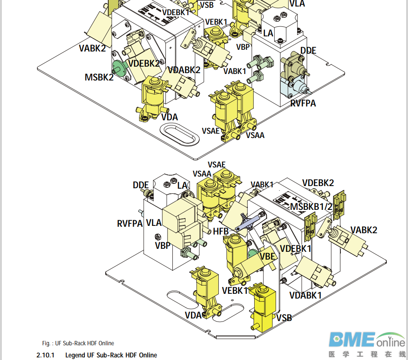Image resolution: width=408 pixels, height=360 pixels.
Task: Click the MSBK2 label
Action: pyautogui.click(x=99, y=77)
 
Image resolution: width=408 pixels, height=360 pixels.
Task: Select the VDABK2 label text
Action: pyautogui.click(x=184, y=70)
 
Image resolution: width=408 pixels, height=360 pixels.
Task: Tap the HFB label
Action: pyautogui.click(x=220, y=231)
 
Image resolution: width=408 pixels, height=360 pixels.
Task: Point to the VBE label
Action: pyautogui.click(x=268, y=256)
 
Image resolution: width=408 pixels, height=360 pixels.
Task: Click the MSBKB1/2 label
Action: pyautogui.click(x=311, y=206)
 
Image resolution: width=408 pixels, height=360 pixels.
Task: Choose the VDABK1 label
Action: pyautogui.click(x=305, y=296)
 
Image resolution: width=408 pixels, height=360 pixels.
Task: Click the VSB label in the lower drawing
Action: pyautogui.click(x=284, y=318)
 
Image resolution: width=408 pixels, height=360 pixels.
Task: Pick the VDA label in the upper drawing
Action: pyautogui.click(x=170, y=117)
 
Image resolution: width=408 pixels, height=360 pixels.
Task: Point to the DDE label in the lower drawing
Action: pyautogui.click(x=141, y=185)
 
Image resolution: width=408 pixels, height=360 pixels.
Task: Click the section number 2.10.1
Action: pyautogui.click(x=45, y=355)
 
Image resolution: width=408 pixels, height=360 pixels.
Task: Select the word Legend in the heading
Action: pyautogui.click(x=75, y=355)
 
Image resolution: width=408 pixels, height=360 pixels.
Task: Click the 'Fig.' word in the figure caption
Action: pyautogui.click(x=46, y=344)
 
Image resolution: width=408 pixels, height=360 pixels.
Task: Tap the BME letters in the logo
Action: pyautogui.click(x=351, y=340)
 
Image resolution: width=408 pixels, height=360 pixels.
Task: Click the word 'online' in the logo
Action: pyautogui.click(x=390, y=342)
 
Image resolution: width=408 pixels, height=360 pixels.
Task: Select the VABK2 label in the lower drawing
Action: pyautogui.click(x=364, y=230)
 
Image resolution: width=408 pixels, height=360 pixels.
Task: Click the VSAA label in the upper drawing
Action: pyautogui.click(x=255, y=135)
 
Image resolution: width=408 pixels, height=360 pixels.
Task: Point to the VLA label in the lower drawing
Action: pyautogui.click(x=154, y=223)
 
